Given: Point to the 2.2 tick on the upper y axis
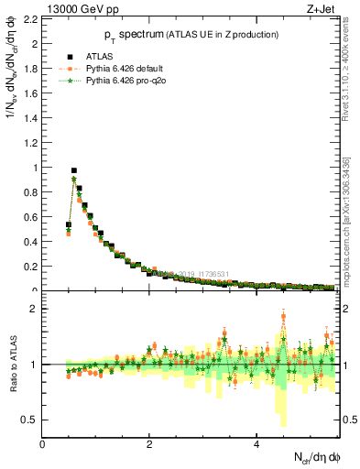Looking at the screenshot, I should click(x=30, y=18).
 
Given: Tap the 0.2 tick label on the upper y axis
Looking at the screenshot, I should click(x=30, y=267).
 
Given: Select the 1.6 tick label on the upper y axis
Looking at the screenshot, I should click(x=30, y=93).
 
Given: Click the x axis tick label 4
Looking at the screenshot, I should click(x=256, y=444).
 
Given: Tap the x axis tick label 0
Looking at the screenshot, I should click(x=43, y=444).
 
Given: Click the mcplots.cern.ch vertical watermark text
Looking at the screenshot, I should click(x=352, y=229).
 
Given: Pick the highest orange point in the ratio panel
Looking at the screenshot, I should click(x=283, y=318).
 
